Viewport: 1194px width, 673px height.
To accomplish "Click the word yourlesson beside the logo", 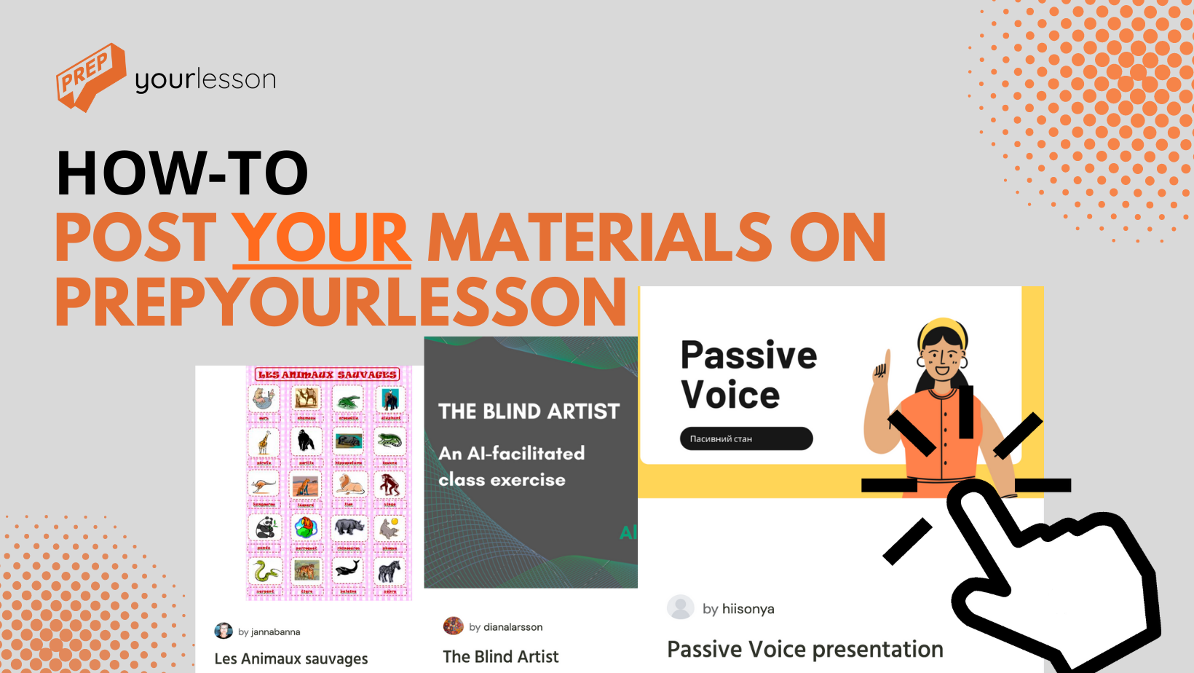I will [x=205, y=79].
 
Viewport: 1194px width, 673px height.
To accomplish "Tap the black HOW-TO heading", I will [x=183, y=173].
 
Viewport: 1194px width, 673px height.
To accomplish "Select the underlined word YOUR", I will [x=321, y=237].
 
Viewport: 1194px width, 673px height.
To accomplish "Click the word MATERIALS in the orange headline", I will [x=599, y=237].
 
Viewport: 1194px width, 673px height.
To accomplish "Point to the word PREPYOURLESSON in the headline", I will [x=341, y=302].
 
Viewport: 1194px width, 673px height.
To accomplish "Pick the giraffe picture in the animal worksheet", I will [x=264, y=441].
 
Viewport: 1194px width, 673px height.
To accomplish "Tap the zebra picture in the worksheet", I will [x=390, y=571].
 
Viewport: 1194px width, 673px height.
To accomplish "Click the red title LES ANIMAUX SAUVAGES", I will [x=328, y=374].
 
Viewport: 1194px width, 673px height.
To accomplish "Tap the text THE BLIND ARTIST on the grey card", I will [x=529, y=412].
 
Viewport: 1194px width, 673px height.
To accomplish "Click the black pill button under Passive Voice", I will [x=746, y=438].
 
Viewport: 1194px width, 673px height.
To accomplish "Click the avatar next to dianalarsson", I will [x=454, y=626].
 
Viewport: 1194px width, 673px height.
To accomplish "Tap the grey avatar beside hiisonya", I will [x=681, y=607].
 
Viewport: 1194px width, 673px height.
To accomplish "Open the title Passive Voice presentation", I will [x=805, y=649].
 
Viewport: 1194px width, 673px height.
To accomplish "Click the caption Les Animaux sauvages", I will [x=291, y=658].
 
